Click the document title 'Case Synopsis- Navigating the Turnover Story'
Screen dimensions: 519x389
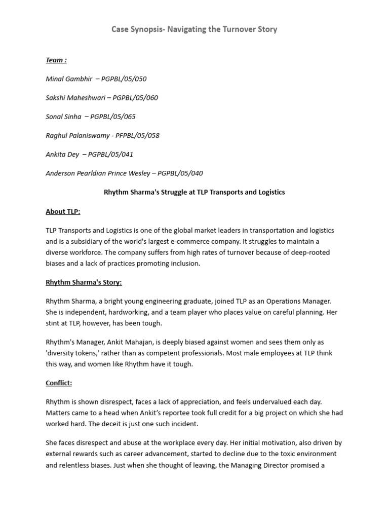tap(194, 29)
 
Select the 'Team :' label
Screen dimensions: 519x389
tap(56, 60)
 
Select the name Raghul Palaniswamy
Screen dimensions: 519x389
tap(77, 135)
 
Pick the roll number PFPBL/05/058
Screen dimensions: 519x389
tap(137, 135)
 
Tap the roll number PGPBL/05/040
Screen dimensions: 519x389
tap(180, 173)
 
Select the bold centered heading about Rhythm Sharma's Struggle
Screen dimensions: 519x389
tap(194, 192)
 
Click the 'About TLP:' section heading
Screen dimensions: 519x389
tap(63, 211)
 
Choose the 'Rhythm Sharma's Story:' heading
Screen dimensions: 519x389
tap(84, 282)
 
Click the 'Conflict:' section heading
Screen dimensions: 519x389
tap(59, 383)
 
